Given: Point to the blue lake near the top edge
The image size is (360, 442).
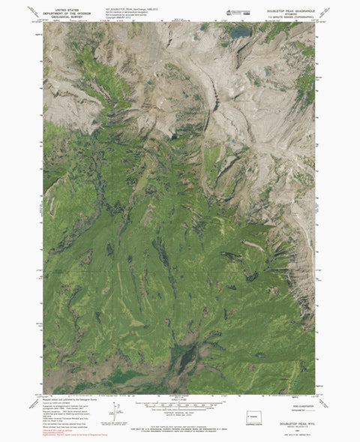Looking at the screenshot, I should coord(239,32).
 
